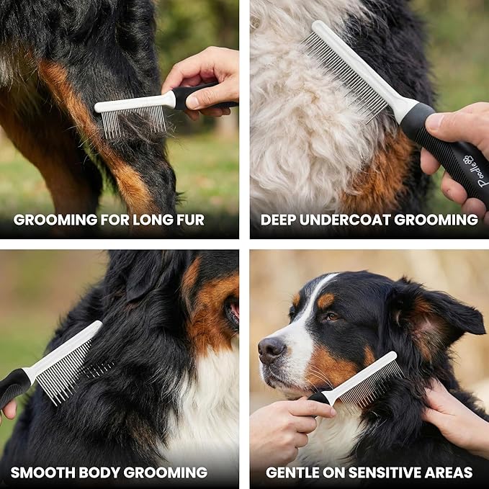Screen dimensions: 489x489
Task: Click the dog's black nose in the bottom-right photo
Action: pos(272,349)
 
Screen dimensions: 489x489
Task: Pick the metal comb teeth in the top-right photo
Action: pos(346,79)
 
